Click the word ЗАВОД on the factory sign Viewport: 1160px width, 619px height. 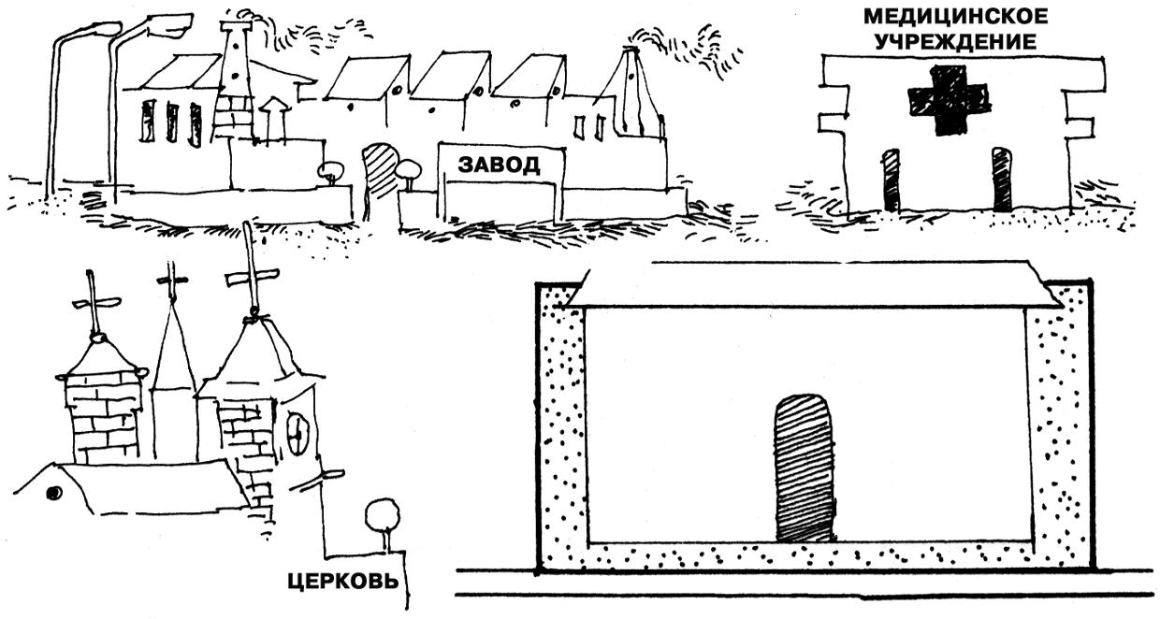coord(499,166)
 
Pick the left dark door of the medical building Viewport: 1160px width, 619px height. coord(891,180)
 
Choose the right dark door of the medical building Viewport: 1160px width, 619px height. coord(1002,180)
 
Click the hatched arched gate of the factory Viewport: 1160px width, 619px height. coord(380,170)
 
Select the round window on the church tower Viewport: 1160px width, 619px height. coord(297,433)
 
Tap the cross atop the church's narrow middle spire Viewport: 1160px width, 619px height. coord(172,279)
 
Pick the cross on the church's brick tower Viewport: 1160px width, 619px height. coord(94,303)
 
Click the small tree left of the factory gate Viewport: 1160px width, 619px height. coord(330,173)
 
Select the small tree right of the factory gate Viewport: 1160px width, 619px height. coord(409,172)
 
